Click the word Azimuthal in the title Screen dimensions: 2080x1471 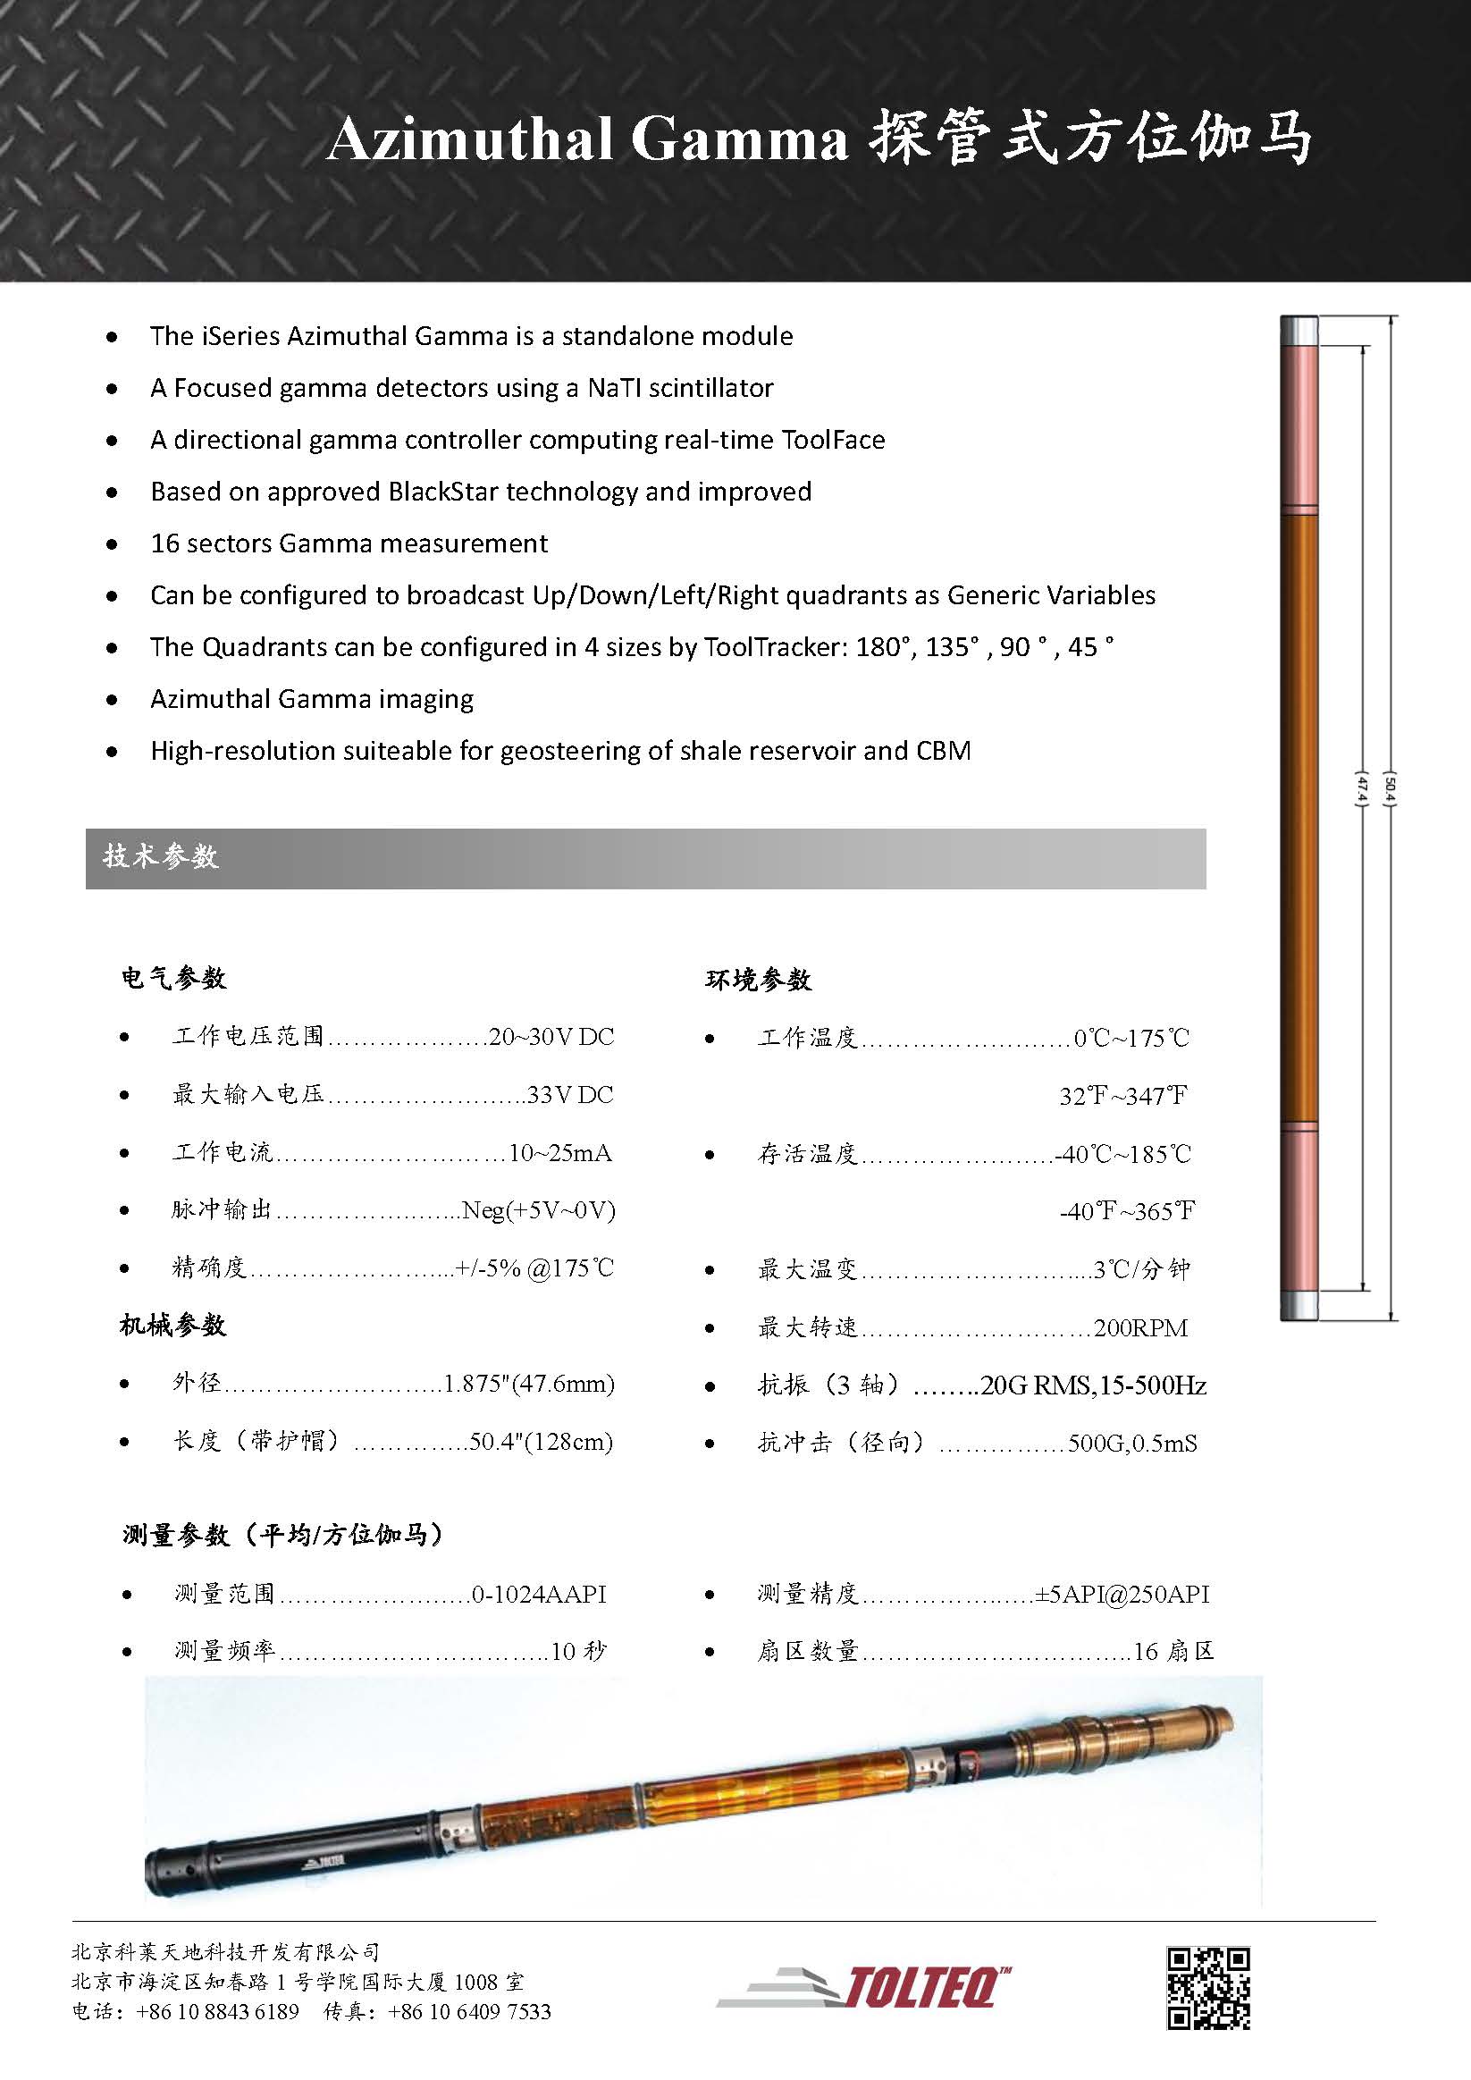pos(469,141)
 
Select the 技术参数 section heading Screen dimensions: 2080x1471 pos(160,857)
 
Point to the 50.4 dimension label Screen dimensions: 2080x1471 pos(1389,788)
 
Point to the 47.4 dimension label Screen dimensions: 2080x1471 pos(1360,788)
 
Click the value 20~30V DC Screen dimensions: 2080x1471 pos(551,1037)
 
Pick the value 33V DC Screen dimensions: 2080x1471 pos(570,1095)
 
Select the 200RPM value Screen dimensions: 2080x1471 pos(1139,1328)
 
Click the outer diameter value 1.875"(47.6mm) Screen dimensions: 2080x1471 pos(528,1385)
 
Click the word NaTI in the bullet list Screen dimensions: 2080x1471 pos(616,389)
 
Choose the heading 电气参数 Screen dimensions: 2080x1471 pos(174,979)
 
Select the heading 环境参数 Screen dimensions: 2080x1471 pos(758,981)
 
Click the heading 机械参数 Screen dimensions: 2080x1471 pos(173,1326)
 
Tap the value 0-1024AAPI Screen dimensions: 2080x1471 pos(539,1595)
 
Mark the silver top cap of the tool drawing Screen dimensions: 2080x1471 pos(1298,326)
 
